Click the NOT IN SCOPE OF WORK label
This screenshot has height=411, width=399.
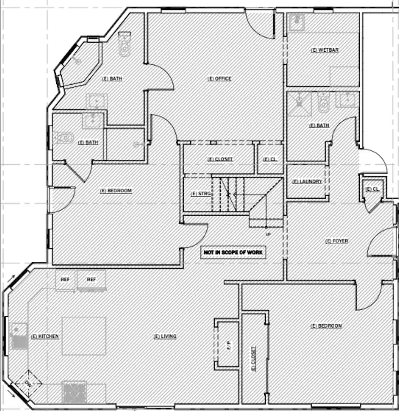click(233, 252)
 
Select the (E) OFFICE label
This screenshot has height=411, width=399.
click(219, 79)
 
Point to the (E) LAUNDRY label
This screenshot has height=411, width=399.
click(307, 182)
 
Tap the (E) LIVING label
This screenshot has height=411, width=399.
click(165, 336)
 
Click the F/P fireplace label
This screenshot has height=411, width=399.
click(229, 346)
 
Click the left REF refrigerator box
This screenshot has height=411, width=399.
click(65, 280)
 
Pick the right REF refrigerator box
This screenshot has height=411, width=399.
click(91, 280)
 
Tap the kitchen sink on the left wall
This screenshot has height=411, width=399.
click(18, 336)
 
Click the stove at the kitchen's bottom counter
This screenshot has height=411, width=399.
click(75, 392)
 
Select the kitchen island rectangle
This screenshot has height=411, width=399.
click(84, 336)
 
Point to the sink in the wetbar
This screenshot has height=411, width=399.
click(297, 22)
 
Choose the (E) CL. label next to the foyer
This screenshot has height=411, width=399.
click(372, 189)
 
